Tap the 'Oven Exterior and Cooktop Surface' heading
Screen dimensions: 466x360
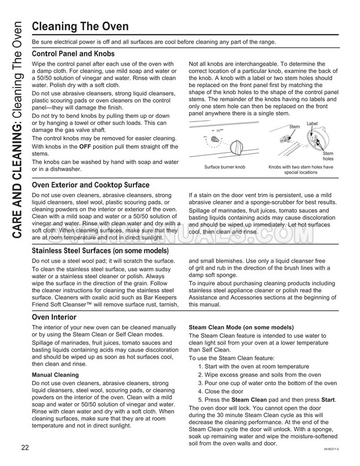pos(91,185)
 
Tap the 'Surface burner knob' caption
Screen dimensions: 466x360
pos(225,167)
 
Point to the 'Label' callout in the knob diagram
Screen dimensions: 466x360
pos(312,124)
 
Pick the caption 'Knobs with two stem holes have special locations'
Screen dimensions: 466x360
pos(300,170)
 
